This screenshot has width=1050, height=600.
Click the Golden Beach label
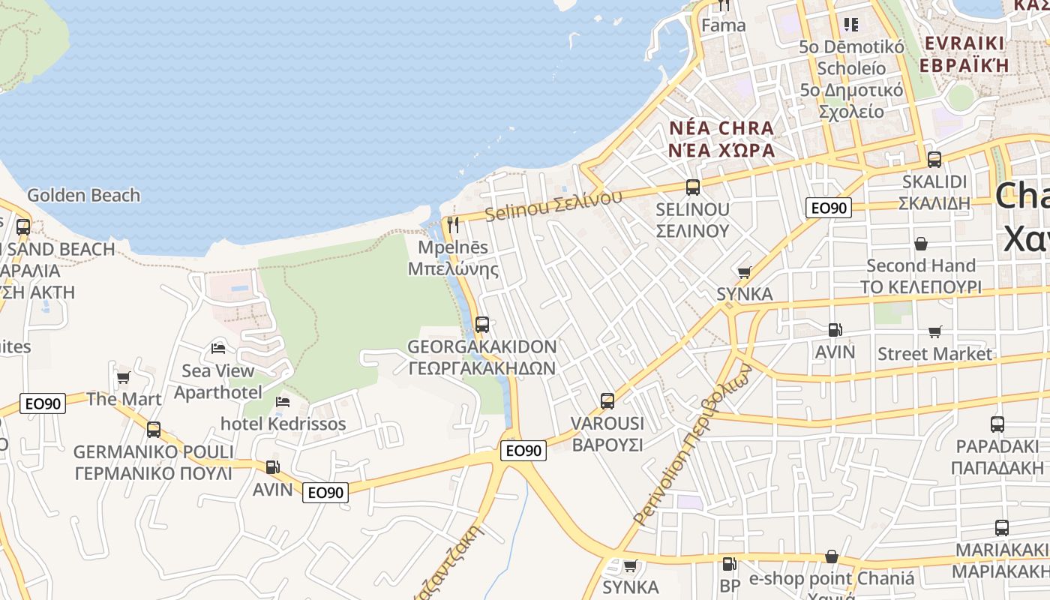pyautogui.click(x=83, y=195)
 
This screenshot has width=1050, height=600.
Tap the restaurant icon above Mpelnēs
pyautogui.click(x=452, y=225)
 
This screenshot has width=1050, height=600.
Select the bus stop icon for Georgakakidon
pyautogui.click(x=482, y=325)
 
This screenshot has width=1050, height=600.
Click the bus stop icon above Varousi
pyautogui.click(x=607, y=401)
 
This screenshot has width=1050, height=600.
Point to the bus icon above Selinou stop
pyautogui.click(x=693, y=187)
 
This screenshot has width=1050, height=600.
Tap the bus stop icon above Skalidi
pyautogui.click(x=934, y=160)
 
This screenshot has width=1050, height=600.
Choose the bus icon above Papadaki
pyautogui.click(x=997, y=424)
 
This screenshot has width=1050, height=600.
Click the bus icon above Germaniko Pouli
pyautogui.click(x=154, y=430)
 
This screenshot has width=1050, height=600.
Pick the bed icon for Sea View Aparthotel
pyautogui.click(x=218, y=348)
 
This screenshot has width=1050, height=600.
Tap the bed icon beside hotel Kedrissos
pyautogui.click(x=283, y=402)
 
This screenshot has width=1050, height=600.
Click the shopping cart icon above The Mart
pyautogui.click(x=124, y=376)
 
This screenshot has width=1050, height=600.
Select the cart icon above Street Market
pyautogui.click(x=934, y=331)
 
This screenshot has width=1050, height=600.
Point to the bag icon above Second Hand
pyautogui.click(x=921, y=244)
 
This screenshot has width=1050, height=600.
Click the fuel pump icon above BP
pyautogui.click(x=729, y=564)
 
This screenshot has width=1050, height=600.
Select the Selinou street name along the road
pyautogui.click(x=553, y=205)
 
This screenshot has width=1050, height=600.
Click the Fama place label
pyautogui.click(x=724, y=25)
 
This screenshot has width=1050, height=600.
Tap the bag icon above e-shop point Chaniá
pyautogui.click(x=831, y=556)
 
